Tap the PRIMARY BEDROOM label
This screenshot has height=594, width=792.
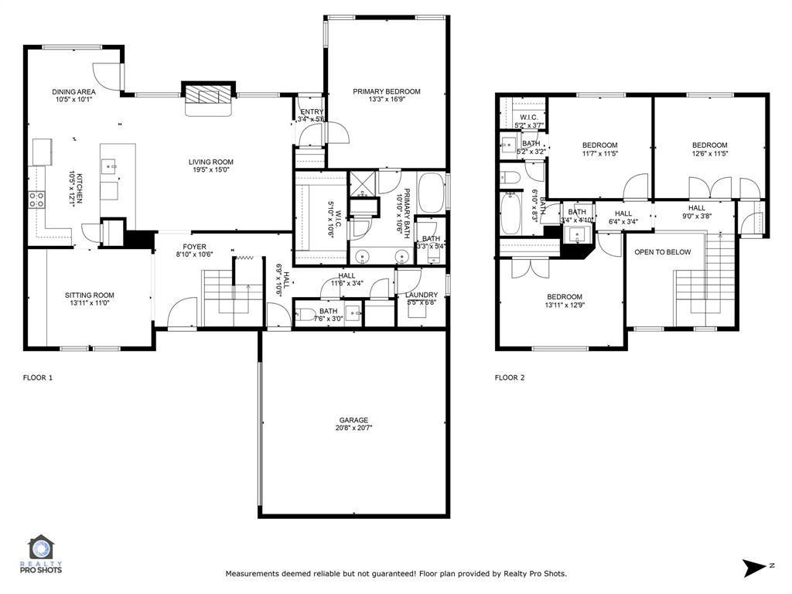[x=387, y=91]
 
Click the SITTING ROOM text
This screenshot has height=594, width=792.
[x=90, y=295]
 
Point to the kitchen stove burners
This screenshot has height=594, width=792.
[x=36, y=200]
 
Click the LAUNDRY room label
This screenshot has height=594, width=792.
[x=422, y=295]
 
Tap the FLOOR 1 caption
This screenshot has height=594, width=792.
[x=37, y=377]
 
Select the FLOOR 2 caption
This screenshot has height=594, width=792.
[x=510, y=377]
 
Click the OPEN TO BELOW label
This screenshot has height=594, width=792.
[x=663, y=252]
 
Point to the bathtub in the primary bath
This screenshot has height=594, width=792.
[x=431, y=193]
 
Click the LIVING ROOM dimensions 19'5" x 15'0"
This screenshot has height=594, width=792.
[x=210, y=172]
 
